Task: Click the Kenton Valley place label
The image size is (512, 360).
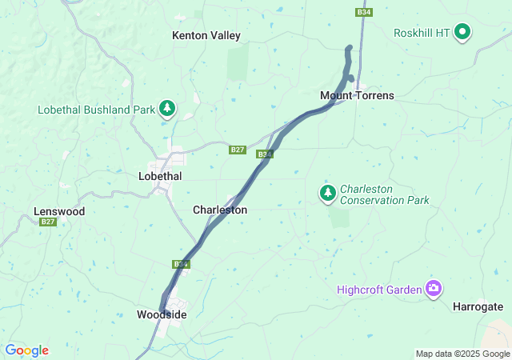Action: tap(206, 35)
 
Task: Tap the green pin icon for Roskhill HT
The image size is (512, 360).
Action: tap(462, 32)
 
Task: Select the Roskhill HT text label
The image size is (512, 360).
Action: tap(421, 33)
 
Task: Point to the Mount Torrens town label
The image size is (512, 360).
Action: tap(357, 95)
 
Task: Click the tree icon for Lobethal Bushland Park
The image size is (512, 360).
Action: tap(166, 108)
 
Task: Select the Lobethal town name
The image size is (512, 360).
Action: tap(160, 176)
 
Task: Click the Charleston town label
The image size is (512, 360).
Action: tap(220, 210)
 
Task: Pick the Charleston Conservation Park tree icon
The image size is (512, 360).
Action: tap(327, 193)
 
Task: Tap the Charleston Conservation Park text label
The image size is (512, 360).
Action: tap(384, 194)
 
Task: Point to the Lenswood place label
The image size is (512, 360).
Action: tap(59, 211)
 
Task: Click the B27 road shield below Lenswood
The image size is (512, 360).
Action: tap(48, 222)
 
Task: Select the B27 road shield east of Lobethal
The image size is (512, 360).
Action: tap(237, 150)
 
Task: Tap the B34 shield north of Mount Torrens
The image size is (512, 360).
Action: tap(364, 12)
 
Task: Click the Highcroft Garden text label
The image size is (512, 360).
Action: tap(379, 290)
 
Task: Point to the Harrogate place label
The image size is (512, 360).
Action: tap(478, 306)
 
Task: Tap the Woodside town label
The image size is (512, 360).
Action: tap(162, 314)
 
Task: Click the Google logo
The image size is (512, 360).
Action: tap(26, 350)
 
